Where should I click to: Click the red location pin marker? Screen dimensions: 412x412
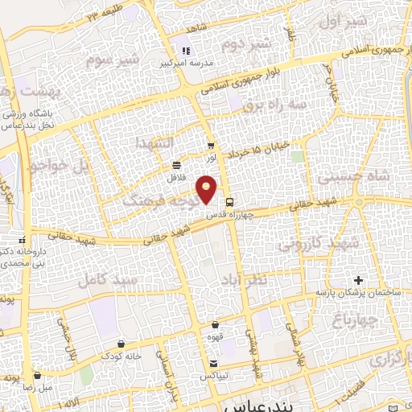pyautogui.click(x=208, y=191)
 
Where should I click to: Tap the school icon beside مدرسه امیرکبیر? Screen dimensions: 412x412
pyautogui.click(x=186, y=51)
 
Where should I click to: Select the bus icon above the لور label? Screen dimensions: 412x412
pyautogui.click(x=212, y=146)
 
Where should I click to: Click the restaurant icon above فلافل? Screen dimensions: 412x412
pyautogui.click(x=175, y=165)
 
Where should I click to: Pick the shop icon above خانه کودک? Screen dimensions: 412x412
pyautogui.click(x=121, y=344)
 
